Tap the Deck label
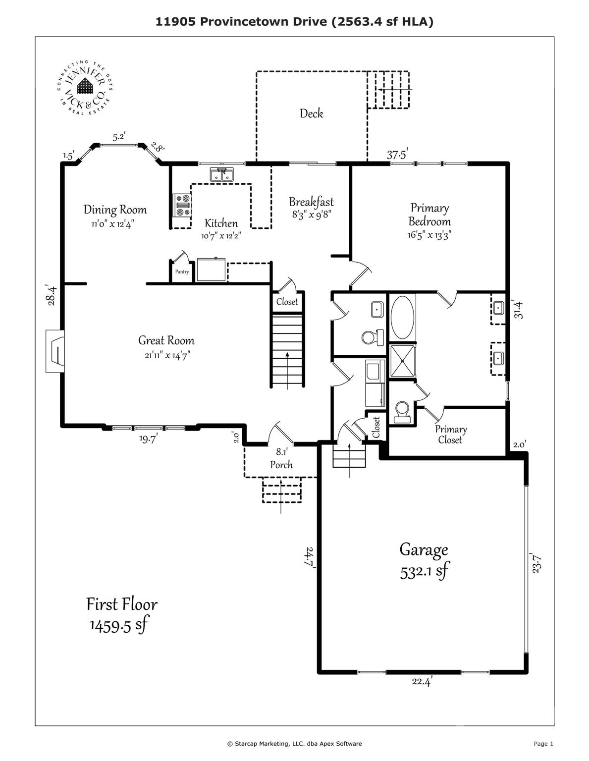coord(311,113)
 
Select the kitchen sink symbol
coord(221,175)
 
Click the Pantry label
coord(182,272)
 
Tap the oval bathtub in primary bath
coord(402,317)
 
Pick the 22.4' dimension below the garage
coord(422,682)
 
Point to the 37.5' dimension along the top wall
coord(397,155)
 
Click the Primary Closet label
coord(450,435)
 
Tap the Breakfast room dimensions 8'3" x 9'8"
coord(311,215)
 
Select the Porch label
coord(281,465)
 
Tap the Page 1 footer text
coord(543,744)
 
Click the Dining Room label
coord(115,210)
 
